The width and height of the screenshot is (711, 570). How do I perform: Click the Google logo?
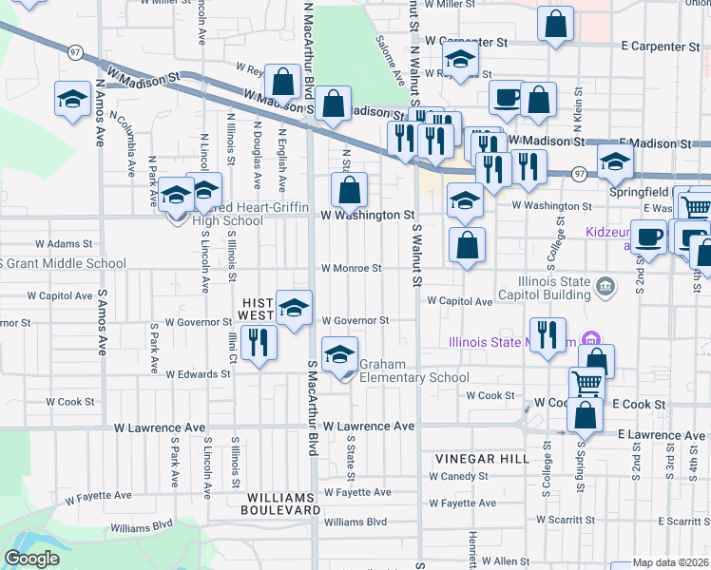click(x=31, y=559)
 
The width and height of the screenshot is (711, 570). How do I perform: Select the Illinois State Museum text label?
click(x=513, y=341)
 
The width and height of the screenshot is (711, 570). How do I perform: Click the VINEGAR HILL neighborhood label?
click(x=482, y=458)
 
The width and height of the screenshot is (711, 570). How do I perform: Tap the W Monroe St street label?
click(x=351, y=268)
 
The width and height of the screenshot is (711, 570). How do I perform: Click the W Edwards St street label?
click(x=198, y=374)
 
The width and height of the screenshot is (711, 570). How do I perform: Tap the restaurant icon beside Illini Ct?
click(x=258, y=340)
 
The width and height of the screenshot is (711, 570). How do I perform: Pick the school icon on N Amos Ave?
click(x=72, y=99)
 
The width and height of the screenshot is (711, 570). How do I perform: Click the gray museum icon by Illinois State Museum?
click(x=590, y=339)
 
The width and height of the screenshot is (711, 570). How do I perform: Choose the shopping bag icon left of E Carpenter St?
click(x=555, y=24)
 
